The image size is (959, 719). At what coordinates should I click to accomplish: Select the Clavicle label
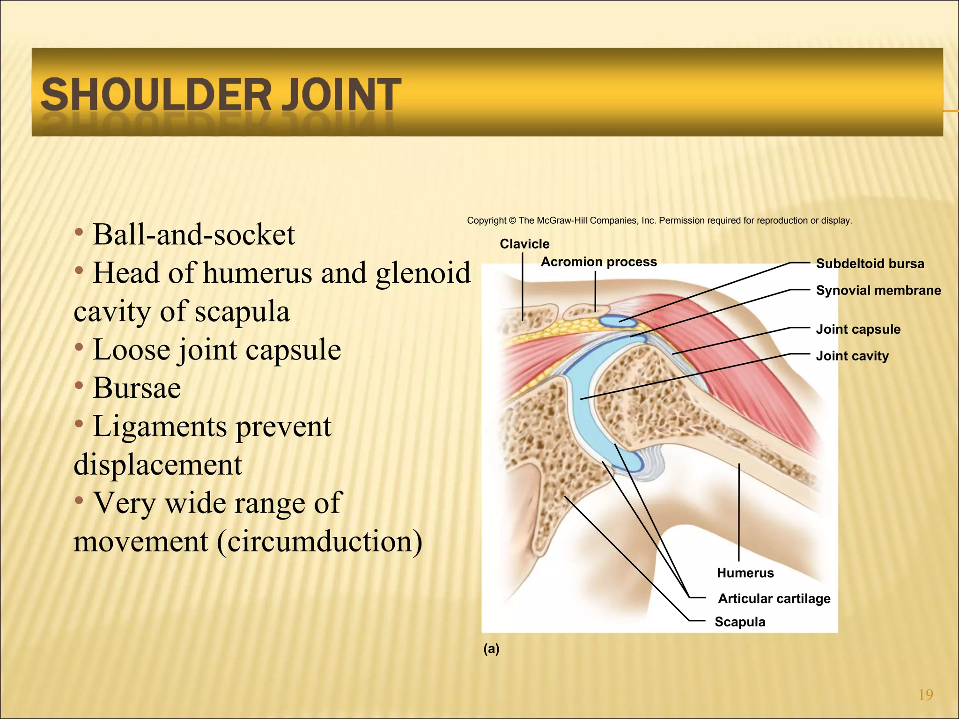click(x=524, y=244)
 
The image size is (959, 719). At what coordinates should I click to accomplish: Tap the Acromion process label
click(x=598, y=262)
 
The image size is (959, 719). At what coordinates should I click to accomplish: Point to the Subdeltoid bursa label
click(x=870, y=264)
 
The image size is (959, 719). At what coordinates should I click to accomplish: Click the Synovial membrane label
click(x=878, y=290)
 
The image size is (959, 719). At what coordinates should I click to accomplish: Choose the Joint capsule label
click(x=858, y=329)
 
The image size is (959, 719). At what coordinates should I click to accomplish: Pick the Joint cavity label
click(x=852, y=356)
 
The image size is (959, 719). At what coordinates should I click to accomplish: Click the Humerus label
click(x=745, y=572)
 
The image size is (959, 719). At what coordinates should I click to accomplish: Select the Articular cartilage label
click(x=774, y=598)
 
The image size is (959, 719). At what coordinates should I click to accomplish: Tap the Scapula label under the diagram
click(x=740, y=622)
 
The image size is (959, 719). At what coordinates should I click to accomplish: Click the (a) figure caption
click(x=491, y=648)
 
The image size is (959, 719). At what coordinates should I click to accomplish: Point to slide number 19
click(x=926, y=695)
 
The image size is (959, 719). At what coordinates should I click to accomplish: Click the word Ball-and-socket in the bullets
click(x=194, y=235)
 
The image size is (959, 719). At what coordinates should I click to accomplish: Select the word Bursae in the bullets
click(x=137, y=388)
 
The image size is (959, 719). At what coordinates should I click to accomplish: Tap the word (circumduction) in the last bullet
click(x=319, y=542)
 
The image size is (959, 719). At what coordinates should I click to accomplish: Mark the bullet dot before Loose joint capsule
click(x=79, y=348)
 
